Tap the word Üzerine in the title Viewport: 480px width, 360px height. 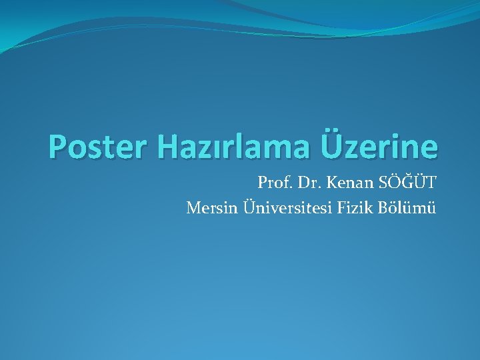(x=380, y=147)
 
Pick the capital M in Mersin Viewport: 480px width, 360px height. (x=194, y=209)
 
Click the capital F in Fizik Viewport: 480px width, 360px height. (x=344, y=209)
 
